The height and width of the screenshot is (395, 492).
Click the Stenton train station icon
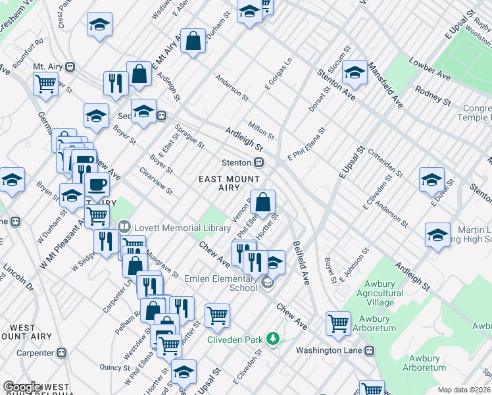[x=260, y=163]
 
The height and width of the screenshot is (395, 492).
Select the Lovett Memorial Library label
[x=165, y=227]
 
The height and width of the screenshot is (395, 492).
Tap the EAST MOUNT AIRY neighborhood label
[x=229, y=183]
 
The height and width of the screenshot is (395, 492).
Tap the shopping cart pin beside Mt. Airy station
[x=45, y=83]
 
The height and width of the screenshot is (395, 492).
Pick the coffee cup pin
[x=97, y=185]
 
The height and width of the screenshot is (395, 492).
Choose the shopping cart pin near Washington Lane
[x=338, y=322]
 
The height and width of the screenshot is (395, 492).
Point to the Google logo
[x=22, y=387]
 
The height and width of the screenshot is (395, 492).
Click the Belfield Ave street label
[x=301, y=255]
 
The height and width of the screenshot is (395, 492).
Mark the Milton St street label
[x=261, y=129]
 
